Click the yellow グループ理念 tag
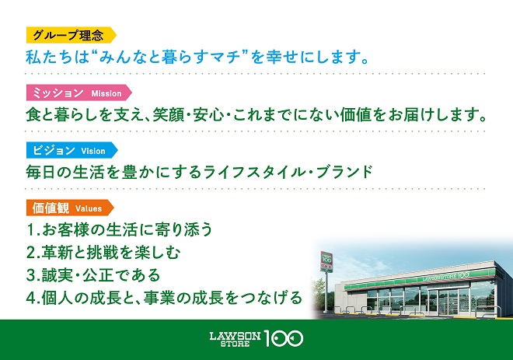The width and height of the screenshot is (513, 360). pyautogui.click(x=71, y=35)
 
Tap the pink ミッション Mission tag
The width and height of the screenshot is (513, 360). pyautogui.click(x=79, y=93)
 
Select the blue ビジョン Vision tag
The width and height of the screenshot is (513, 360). pyautogui.click(x=72, y=151)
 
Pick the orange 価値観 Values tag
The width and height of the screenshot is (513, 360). pyautogui.click(x=70, y=208)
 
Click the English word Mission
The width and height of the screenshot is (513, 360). pyautogui.click(x=106, y=93)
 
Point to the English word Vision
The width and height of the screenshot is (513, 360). pyautogui.click(x=93, y=151)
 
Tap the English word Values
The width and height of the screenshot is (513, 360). pyautogui.click(x=89, y=208)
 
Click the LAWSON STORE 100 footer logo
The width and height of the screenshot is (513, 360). pyautogui.click(x=256, y=339)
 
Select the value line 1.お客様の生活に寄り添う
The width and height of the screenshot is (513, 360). pyautogui.click(x=120, y=229)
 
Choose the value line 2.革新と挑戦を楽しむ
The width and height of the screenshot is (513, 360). pyautogui.click(x=103, y=253)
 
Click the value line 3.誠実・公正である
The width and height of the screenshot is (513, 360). pyautogui.click(x=93, y=275)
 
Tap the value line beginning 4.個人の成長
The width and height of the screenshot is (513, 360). pyautogui.click(x=164, y=298)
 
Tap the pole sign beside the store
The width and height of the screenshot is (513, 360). pyautogui.click(x=326, y=262)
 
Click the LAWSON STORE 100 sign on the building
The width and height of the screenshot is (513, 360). pyautogui.click(x=445, y=277)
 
